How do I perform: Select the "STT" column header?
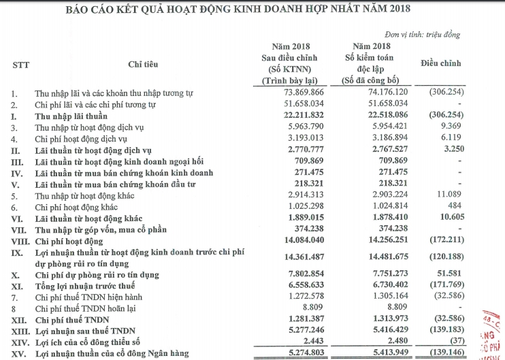click(x=20, y=64)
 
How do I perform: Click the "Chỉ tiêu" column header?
click(x=143, y=64)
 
